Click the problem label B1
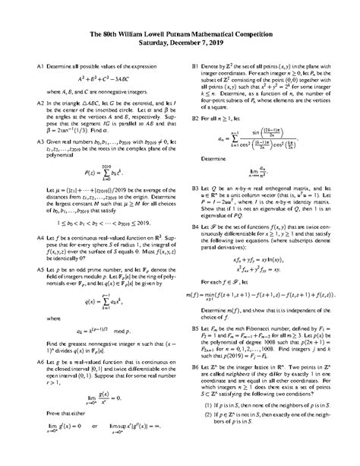[196, 68]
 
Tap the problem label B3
[196, 184]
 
